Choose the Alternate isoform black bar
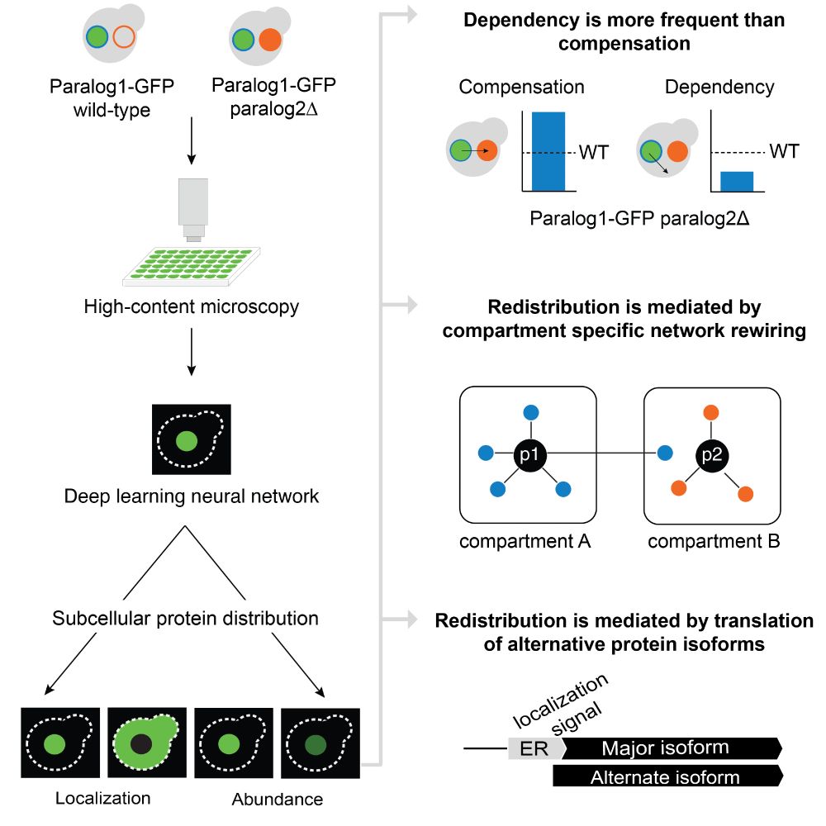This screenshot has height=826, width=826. click(666, 776)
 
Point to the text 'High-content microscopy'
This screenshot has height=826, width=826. click(192, 307)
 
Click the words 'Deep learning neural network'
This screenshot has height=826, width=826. click(191, 497)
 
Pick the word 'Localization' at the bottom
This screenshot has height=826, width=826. click(103, 798)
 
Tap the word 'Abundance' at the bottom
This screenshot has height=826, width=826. click(278, 799)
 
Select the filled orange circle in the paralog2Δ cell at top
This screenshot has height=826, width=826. click(270, 39)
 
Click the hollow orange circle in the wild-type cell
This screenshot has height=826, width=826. click(124, 37)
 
